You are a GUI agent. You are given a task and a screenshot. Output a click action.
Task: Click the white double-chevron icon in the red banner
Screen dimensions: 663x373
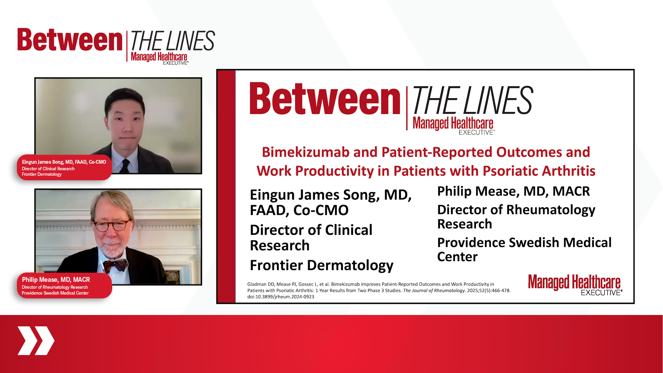[x=36, y=341]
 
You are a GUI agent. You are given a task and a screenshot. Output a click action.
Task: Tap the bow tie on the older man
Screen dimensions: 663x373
[x=115, y=265]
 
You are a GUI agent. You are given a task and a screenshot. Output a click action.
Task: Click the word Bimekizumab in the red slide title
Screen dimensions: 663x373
[x=306, y=152]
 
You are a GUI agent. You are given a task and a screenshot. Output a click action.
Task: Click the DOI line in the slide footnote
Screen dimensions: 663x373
[x=281, y=297]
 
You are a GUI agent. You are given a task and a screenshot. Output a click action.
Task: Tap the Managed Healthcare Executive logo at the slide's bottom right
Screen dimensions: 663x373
[x=575, y=285]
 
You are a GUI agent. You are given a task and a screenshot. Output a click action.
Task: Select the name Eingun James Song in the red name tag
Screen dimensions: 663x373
[x=43, y=162]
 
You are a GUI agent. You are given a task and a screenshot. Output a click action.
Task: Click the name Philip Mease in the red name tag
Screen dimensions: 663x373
[x=40, y=280]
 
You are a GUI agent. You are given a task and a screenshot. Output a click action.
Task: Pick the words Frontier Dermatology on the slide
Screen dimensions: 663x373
[x=321, y=265]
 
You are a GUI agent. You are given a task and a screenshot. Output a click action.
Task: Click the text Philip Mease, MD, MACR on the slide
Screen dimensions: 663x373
[x=513, y=191]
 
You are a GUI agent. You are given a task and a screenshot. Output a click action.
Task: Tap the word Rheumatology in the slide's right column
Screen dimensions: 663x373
[x=551, y=210]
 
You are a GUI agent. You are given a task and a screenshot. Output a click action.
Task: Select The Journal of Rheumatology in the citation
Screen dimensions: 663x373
[x=434, y=290]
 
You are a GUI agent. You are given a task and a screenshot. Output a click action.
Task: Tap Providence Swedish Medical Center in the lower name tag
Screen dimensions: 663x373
[x=55, y=293]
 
